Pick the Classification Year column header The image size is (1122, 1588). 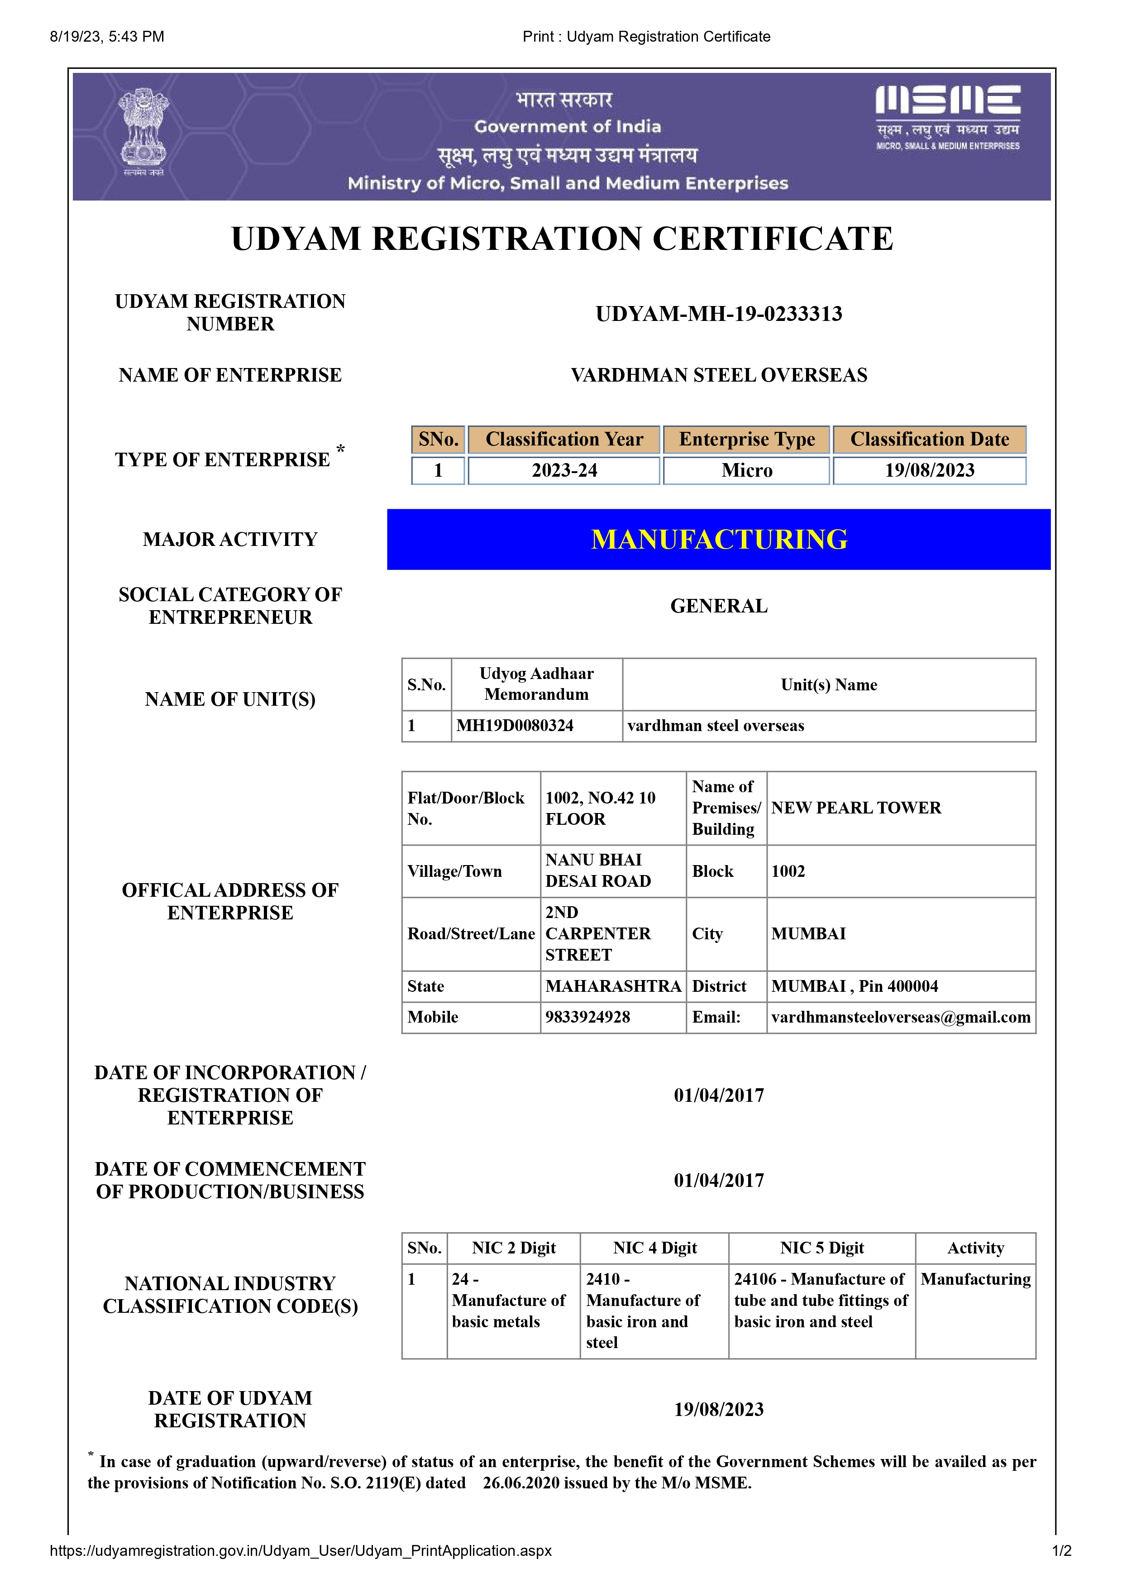point(563,439)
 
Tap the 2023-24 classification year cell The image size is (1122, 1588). point(563,470)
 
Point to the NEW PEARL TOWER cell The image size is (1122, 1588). point(856,808)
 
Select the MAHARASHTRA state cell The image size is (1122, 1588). point(612,986)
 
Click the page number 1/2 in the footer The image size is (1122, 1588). point(1061,1550)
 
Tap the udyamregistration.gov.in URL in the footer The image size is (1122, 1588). point(300,1550)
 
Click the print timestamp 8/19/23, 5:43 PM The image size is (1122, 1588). point(107,37)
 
